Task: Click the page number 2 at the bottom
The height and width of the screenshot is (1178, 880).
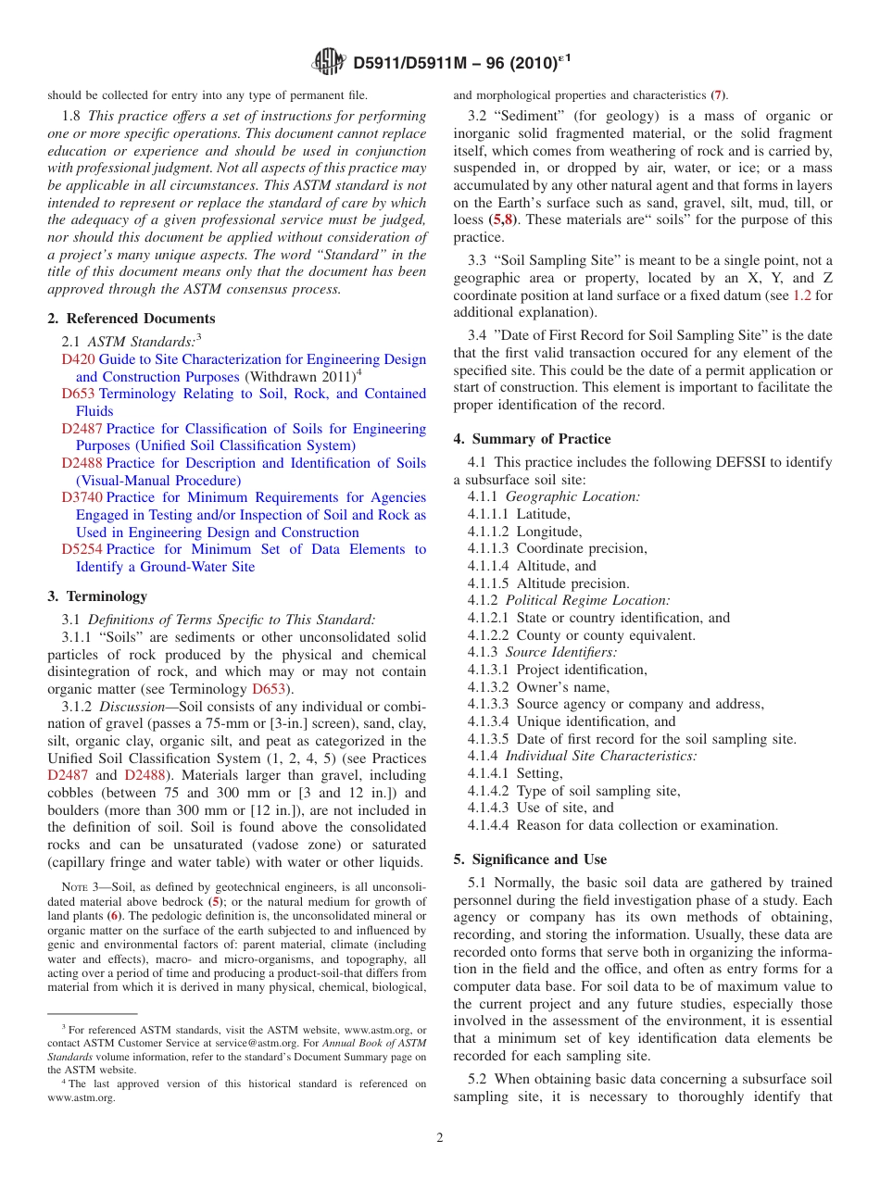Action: point(440,1138)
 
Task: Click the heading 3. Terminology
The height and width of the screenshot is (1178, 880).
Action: point(97,596)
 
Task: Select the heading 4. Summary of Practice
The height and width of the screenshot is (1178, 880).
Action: point(533,439)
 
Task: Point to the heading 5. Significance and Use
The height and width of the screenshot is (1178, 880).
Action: point(530,859)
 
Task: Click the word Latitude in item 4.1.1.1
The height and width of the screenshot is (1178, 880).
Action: point(543,514)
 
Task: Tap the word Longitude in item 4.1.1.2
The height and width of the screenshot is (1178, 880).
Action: point(548,532)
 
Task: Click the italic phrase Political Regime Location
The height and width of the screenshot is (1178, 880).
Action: point(587,601)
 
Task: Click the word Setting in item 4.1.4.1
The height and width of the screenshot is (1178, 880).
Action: point(539,773)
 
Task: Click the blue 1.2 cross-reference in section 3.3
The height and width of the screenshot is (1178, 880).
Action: point(802,295)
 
